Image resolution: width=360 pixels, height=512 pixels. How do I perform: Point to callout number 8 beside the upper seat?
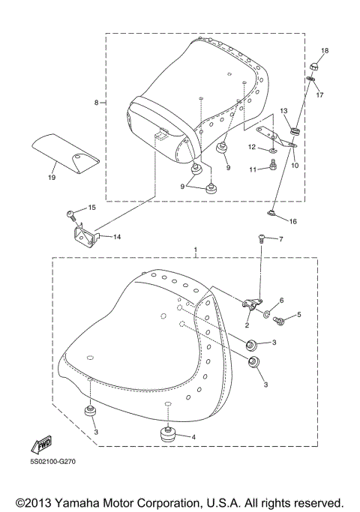tap(96, 103)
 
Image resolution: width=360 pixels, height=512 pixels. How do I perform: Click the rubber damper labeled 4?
tap(167, 434)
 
